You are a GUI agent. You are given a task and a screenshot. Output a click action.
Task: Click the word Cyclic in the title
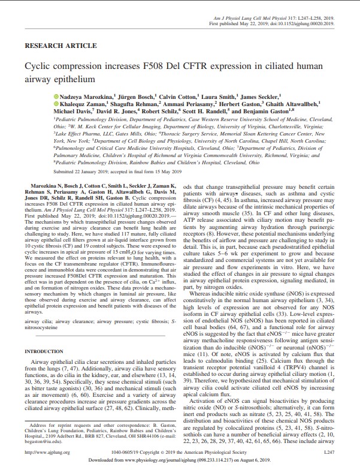pos(37,67)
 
